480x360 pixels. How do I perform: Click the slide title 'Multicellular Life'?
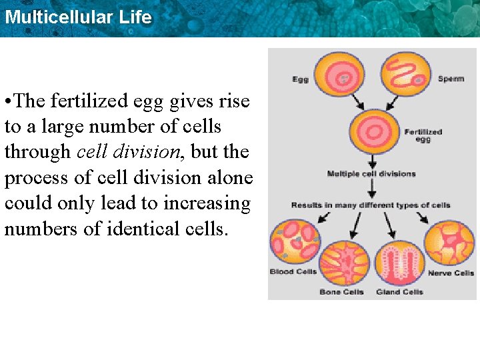pyautogui.click(x=78, y=17)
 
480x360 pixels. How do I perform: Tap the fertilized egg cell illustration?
pyautogui.click(x=373, y=131)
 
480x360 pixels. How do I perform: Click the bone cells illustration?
pyautogui.click(x=344, y=263)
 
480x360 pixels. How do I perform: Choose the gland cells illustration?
pyautogui.click(x=400, y=263)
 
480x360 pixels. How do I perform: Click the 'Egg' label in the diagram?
pyautogui.click(x=300, y=79)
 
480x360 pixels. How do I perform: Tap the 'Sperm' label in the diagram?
pyautogui.click(x=451, y=79)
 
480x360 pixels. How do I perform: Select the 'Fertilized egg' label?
pyautogui.click(x=423, y=135)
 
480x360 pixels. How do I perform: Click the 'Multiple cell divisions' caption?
pyautogui.click(x=371, y=174)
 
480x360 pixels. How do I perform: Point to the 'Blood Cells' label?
pyautogui.click(x=293, y=272)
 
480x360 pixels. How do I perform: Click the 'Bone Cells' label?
pyautogui.click(x=341, y=292)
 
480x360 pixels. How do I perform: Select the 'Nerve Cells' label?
pyautogui.click(x=450, y=273)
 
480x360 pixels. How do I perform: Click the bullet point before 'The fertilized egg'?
pyautogui.click(x=7, y=102)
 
